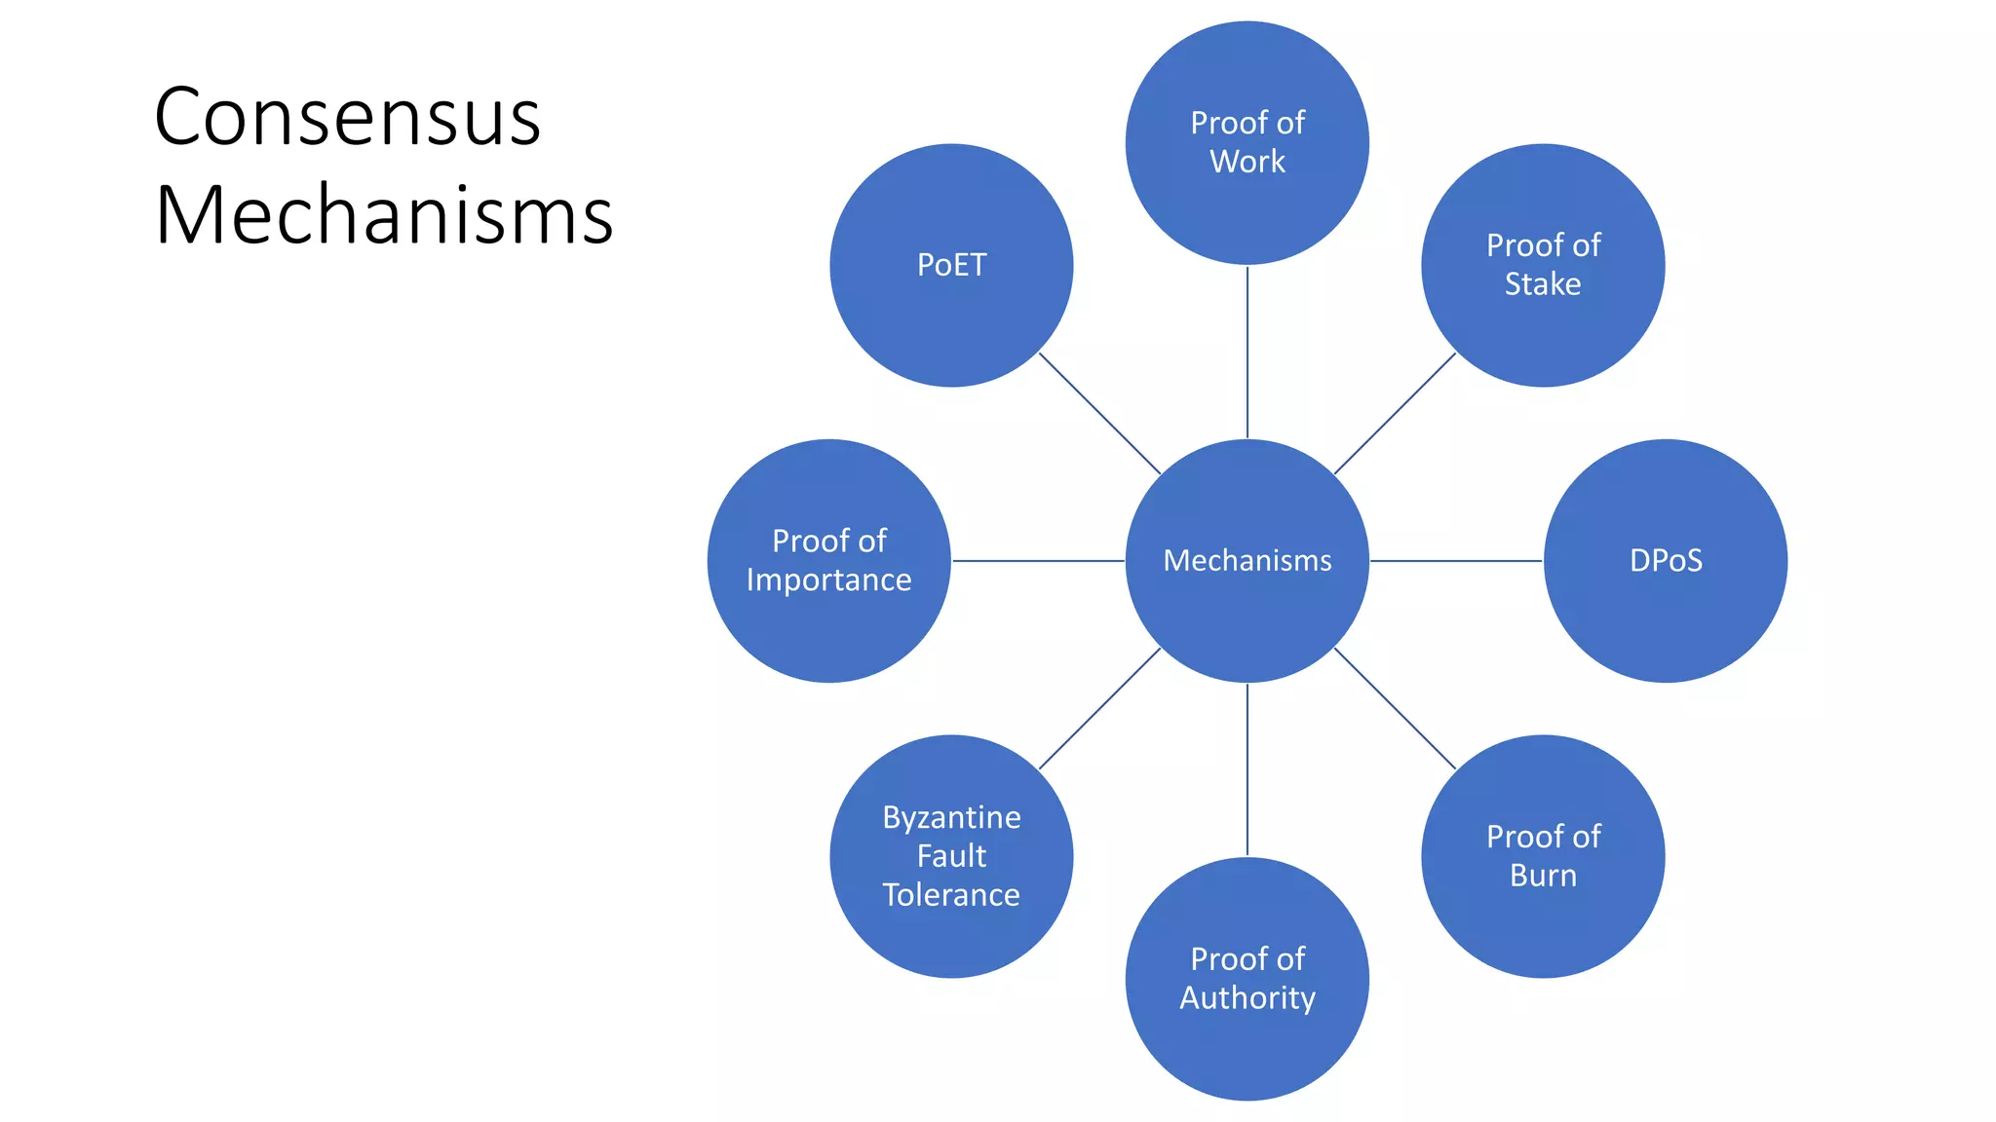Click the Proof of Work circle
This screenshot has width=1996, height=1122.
tap(1247, 142)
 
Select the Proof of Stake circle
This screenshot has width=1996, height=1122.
tap(1543, 265)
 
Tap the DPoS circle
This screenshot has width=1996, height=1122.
tap(1666, 560)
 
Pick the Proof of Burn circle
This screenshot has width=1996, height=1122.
tap(1543, 856)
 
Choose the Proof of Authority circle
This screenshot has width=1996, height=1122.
tap(1247, 979)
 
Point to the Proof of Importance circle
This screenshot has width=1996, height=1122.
tap(828, 560)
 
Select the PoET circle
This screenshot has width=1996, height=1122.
tap(951, 265)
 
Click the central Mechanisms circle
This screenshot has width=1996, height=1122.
tap(1247, 560)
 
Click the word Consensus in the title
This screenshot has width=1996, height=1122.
tap(347, 117)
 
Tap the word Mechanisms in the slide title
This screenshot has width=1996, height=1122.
tap(384, 214)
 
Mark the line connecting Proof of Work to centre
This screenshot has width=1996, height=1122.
tap(1247, 352)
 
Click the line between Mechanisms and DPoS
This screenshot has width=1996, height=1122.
tap(1456, 561)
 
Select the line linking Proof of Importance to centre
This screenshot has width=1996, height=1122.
tap(1038, 561)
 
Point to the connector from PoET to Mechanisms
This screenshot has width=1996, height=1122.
tap(1099, 413)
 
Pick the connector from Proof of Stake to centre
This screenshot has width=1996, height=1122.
tap(1395, 413)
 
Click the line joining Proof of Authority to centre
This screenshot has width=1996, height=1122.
tap(1247, 769)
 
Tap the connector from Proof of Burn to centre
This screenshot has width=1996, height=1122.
tap(1395, 708)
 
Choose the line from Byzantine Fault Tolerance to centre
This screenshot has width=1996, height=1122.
tap(1099, 708)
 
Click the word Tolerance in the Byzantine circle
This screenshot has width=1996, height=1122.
tap(951, 894)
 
